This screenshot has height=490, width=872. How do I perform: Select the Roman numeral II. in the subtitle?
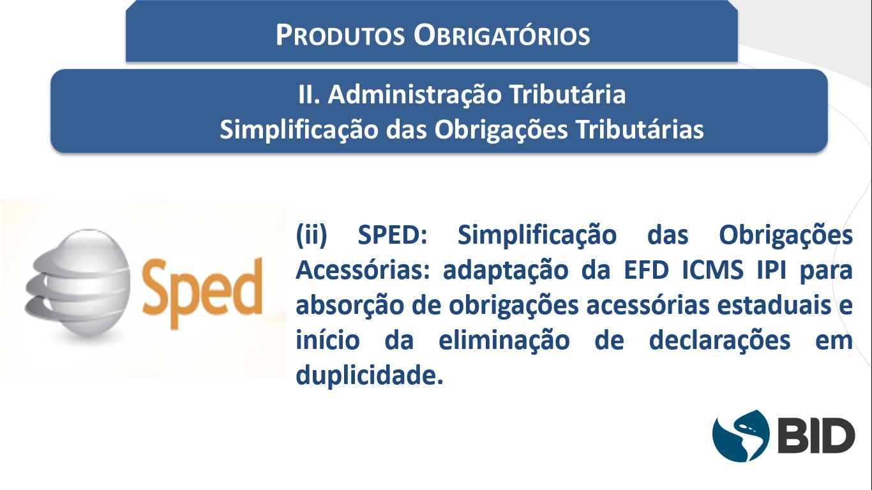pyautogui.click(x=310, y=94)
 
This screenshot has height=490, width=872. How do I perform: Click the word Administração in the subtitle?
pyautogui.click(x=414, y=95)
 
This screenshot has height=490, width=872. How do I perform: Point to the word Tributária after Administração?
pyautogui.click(x=568, y=94)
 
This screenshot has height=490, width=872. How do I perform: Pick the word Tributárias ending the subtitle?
pyautogui.click(x=640, y=130)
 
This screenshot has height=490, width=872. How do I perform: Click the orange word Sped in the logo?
pyautogui.click(x=202, y=292)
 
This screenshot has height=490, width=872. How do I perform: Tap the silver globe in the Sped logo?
pyautogui.click(x=78, y=283)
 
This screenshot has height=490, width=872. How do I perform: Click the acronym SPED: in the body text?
pyautogui.click(x=393, y=235)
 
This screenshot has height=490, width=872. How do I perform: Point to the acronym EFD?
pyautogui.click(x=646, y=270)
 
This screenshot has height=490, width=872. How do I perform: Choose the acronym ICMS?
pyautogui.click(x=712, y=270)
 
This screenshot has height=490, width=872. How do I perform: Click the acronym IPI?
pyautogui.click(x=772, y=270)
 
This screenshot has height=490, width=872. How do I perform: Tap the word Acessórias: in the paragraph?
pyautogui.click(x=363, y=270)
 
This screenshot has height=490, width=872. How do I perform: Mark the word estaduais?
pyautogui.click(x=774, y=305)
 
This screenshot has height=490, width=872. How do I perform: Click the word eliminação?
pyautogui.click(x=504, y=341)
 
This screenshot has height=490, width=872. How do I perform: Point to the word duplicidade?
pyautogui.click(x=370, y=375)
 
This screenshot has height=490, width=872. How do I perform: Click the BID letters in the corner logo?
pyautogui.click(x=816, y=436)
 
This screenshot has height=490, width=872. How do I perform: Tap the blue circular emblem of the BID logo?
pyautogui.click(x=740, y=436)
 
